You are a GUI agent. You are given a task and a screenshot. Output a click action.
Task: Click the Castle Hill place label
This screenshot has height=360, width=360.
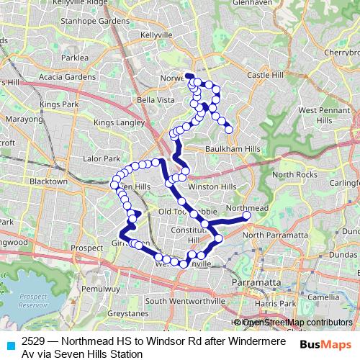click(x=266, y=75)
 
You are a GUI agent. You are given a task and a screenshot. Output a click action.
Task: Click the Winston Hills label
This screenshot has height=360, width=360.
click(x=212, y=186)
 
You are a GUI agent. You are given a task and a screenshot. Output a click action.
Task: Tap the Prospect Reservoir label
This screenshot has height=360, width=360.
click(x=33, y=300)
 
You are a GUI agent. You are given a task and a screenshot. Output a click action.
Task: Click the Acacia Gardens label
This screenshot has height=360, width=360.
click(x=68, y=77)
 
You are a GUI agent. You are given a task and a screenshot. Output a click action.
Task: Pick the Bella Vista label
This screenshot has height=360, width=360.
click(x=156, y=99)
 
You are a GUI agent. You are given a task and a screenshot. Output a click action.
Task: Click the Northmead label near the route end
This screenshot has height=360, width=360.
click(x=248, y=207)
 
